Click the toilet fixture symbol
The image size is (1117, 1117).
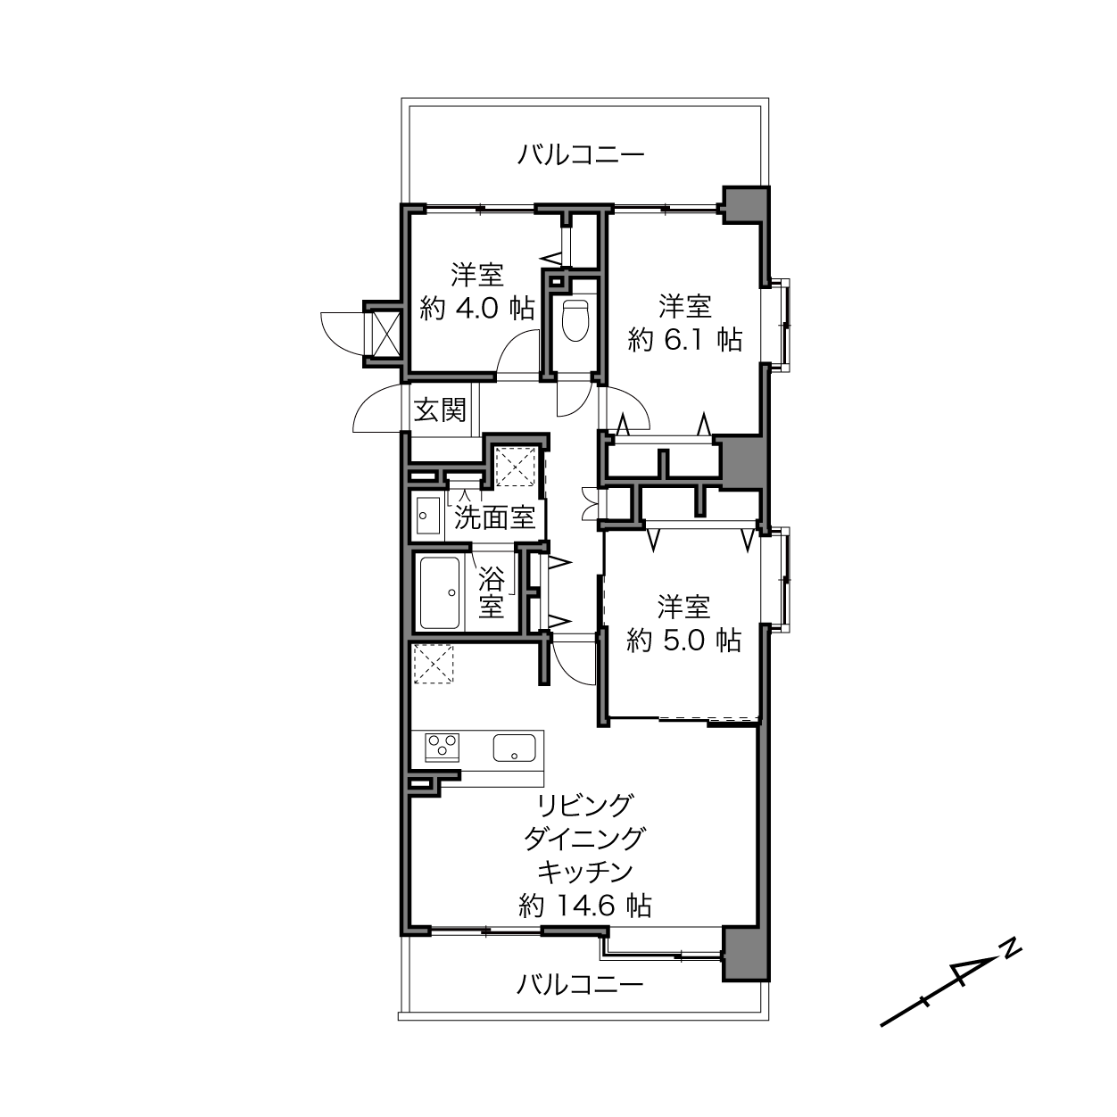[575, 320]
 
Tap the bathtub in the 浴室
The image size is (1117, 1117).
[439, 592]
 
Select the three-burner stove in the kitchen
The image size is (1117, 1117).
[443, 747]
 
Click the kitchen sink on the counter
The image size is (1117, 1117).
[514, 748]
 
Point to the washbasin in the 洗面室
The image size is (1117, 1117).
[426, 516]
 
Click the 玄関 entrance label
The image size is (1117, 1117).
[440, 411]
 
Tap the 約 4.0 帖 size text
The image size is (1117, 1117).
[476, 309]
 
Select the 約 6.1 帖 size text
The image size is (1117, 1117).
[684, 340]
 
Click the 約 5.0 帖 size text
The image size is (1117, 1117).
[684, 641]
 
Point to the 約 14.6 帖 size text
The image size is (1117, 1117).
[585, 905]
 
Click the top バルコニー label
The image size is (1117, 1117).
[581, 155]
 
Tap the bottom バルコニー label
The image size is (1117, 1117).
[580, 984]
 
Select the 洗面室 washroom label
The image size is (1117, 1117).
[494, 517]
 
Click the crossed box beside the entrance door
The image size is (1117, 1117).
[385, 334]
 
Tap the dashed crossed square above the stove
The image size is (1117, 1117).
[433, 664]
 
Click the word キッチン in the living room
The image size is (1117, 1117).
[585, 872]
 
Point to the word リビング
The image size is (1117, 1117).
[584, 805]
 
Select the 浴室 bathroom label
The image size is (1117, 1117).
[491, 592]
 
